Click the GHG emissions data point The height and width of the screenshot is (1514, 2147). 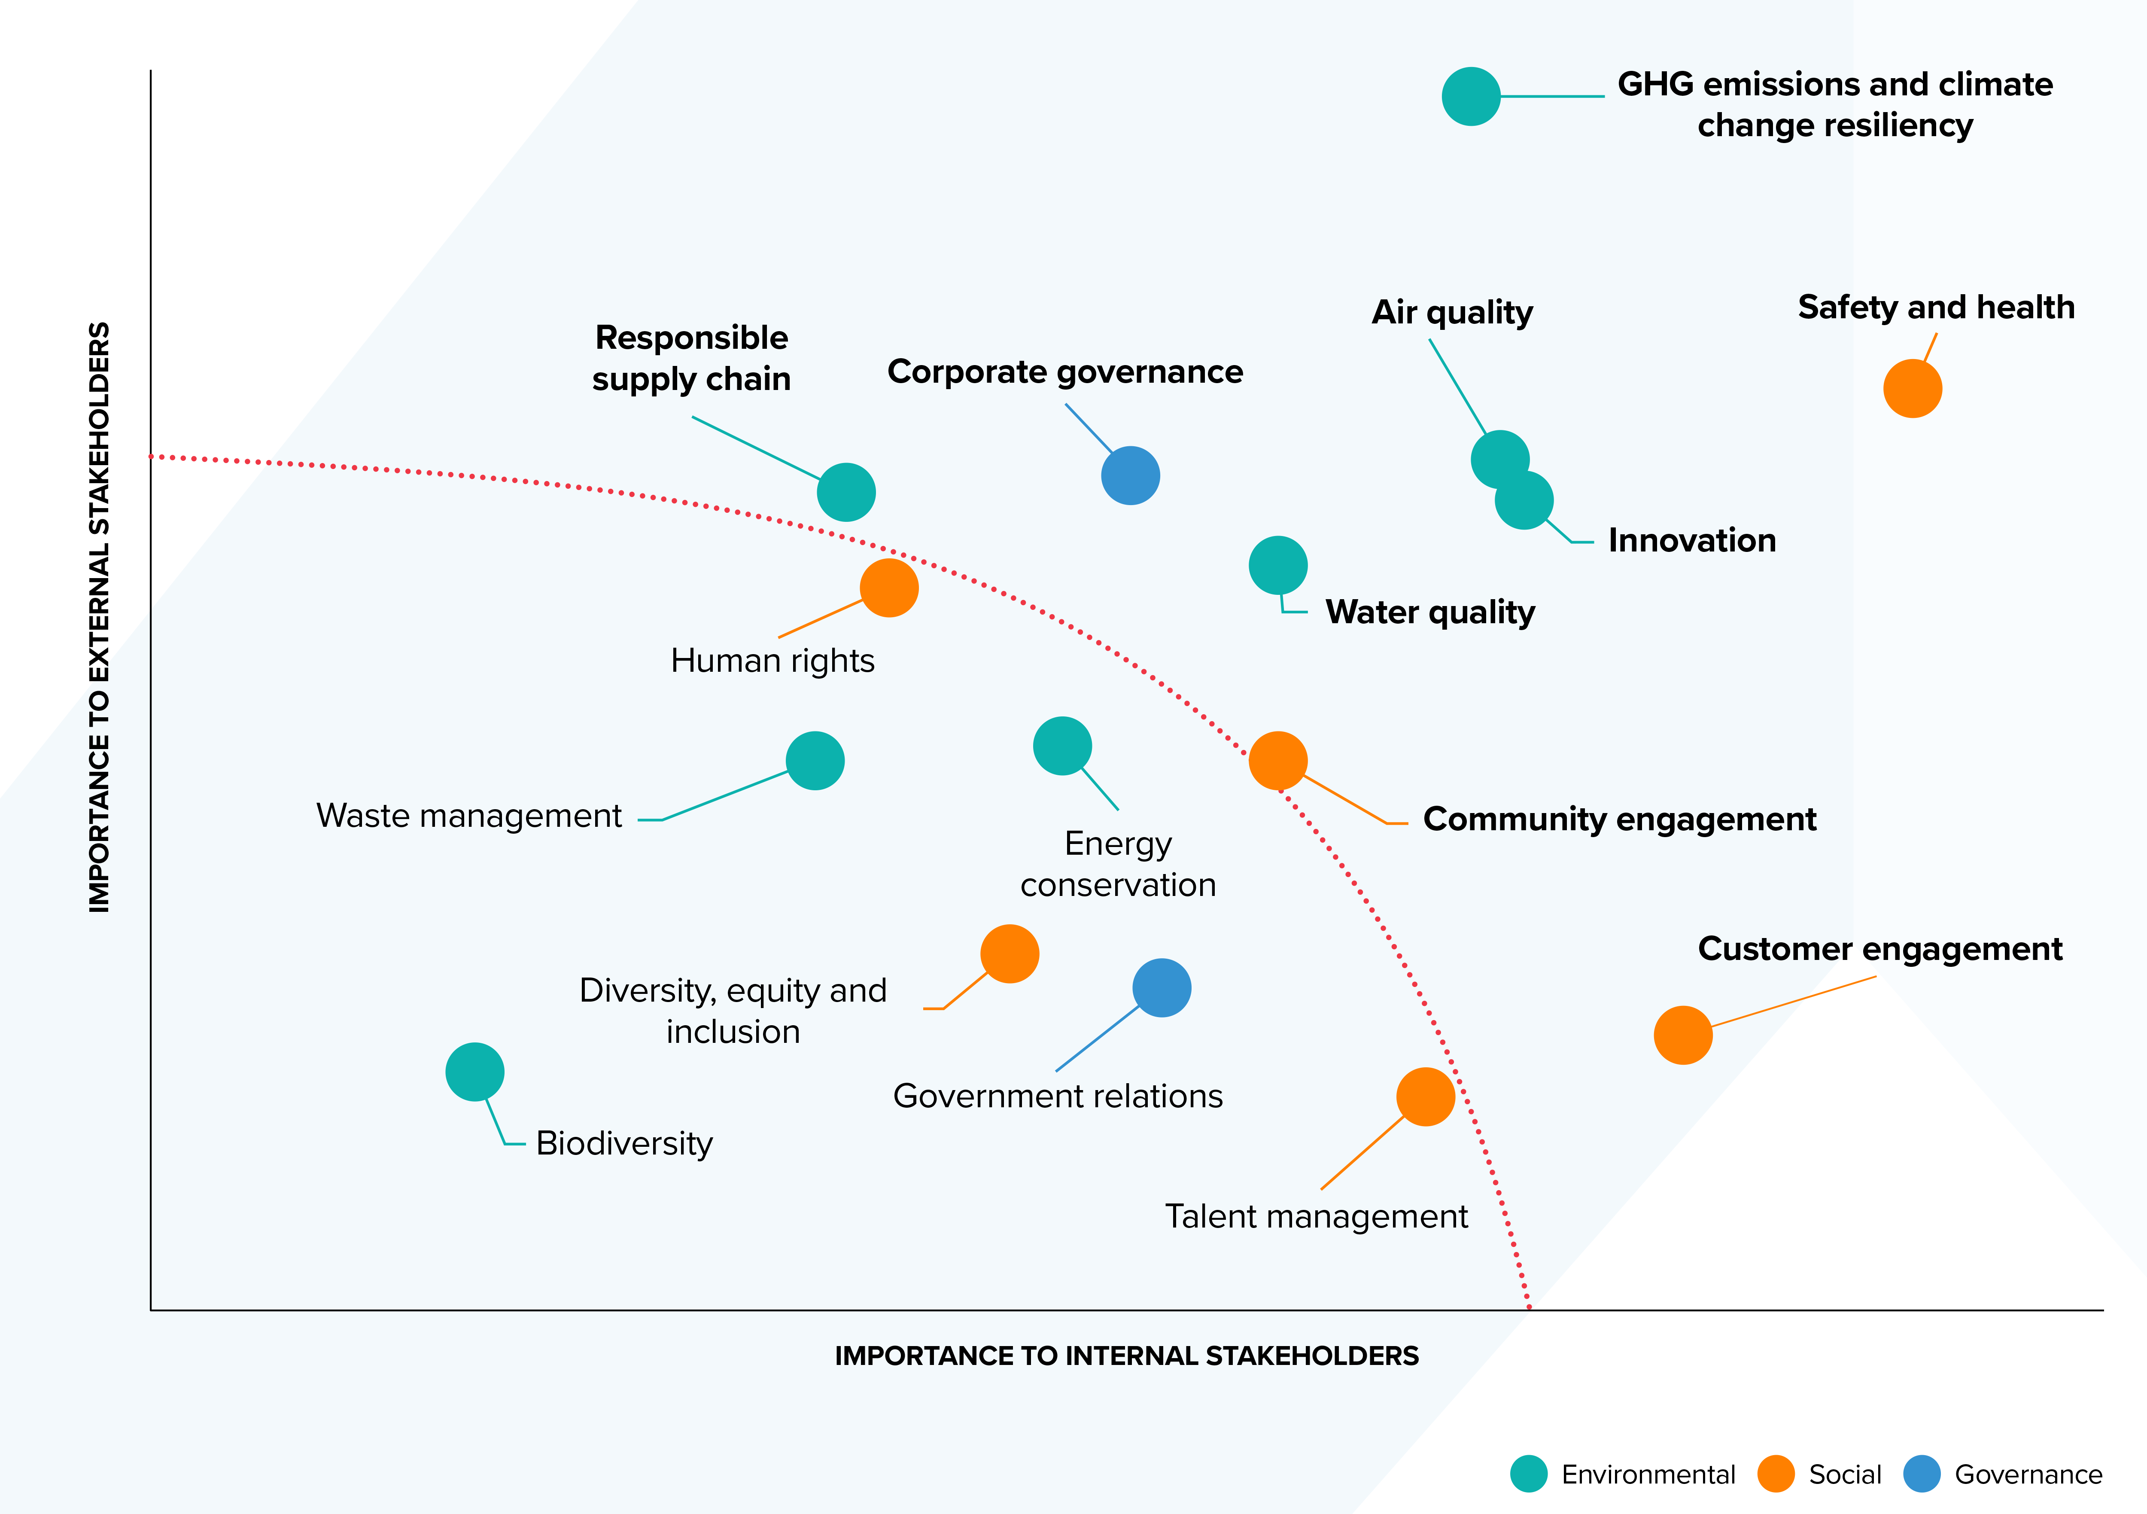(x=1471, y=96)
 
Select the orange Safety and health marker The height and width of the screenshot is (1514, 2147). (x=1912, y=388)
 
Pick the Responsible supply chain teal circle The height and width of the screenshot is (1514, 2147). (x=846, y=492)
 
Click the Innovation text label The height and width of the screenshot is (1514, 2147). (x=1691, y=540)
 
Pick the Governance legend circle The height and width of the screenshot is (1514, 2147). (x=1922, y=1474)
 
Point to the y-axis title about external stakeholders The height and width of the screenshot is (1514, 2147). (x=99, y=617)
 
